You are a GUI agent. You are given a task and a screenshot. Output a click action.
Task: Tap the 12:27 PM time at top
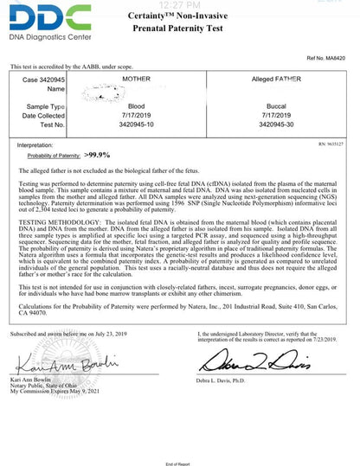point(180,4)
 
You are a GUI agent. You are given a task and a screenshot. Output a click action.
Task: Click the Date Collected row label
point(42,114)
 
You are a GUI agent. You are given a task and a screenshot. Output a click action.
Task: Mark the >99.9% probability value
point(98,155)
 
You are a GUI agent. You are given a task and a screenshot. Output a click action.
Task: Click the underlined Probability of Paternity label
point(54,156)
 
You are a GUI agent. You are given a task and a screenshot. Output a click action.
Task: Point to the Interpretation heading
point(35,146)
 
